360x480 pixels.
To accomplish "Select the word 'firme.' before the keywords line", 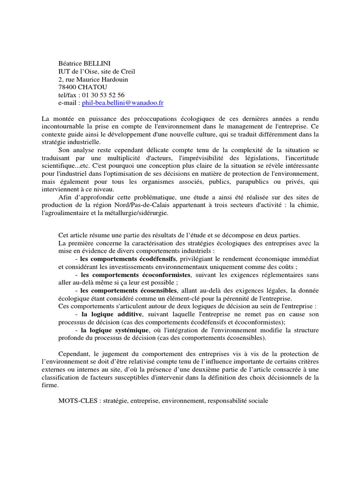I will [50, 386].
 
